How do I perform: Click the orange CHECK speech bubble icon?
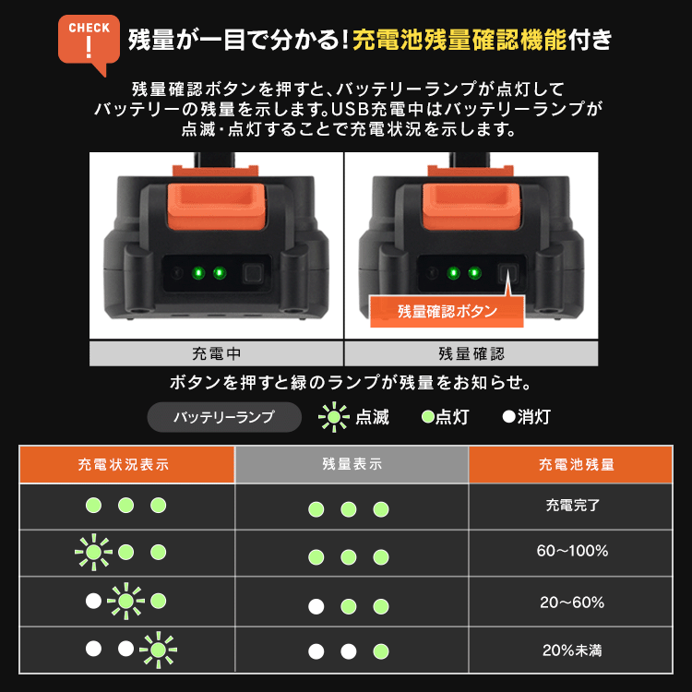(x=89, y=42)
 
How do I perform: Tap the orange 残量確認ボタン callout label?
(x=447, y=311)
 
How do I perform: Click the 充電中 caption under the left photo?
(x=217, y=353)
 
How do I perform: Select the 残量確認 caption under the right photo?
(x=471, y=353)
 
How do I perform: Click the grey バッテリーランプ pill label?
(x=224, y=417)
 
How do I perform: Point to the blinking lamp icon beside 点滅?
(x=333, y=417)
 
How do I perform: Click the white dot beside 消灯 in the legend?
(x=507, y=417)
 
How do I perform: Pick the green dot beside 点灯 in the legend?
(x=427, y=417)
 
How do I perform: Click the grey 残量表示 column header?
(x=352, y=465)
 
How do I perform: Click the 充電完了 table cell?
(x=572, y=506)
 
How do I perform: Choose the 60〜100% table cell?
(x=572, y=552)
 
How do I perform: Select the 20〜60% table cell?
(x=572, y=603)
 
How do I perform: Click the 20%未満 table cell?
(x=572, y=650)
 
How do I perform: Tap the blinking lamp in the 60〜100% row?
(x=93, y=553)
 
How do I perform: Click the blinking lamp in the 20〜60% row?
(x=125, y=602)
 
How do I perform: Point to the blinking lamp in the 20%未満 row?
(x=159, y=650)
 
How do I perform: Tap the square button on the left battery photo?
(x=252, y=274)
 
